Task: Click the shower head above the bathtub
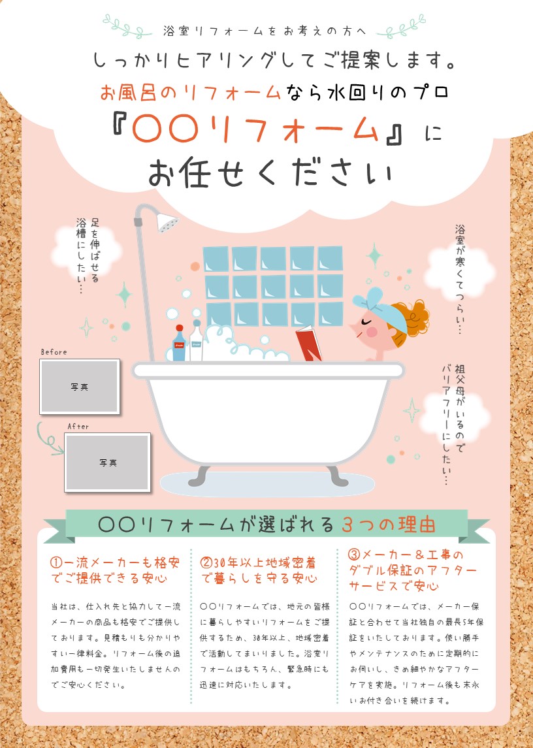[x=167, y=222]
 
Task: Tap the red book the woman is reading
[x=308, y=344]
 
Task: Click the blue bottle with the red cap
[x=179, y=343]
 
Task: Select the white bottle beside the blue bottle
[x=196, y=340]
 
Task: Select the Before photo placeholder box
[x=80, y=386]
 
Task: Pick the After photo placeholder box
[x=107, y=463]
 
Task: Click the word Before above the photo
[x=54, y=352]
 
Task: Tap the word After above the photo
[x=78, y=427]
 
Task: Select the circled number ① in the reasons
[x=56, y=563]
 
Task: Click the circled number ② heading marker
[x=206, y=563]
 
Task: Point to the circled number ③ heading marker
[x=354, y=555]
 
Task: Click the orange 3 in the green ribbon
[x=347, y=525]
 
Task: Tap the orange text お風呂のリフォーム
[x=190, y=92]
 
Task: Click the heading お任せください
[x=270, y=172]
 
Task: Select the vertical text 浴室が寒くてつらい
[x=459, y=279]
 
